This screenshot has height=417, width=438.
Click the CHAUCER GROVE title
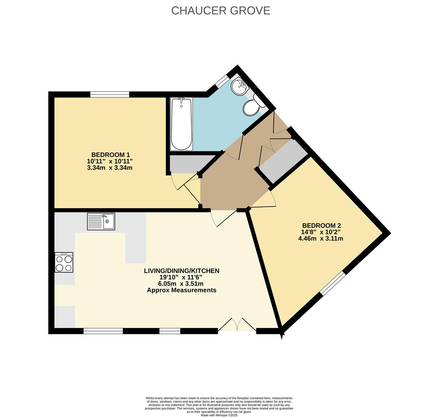tap(220, 10)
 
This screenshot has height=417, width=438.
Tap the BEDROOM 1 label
tap(110, 155)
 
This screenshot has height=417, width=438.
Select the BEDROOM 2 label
tap(321, 225)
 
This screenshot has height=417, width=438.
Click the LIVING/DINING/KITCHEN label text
tap(181, 271)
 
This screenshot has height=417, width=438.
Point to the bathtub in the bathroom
tap(181, 124)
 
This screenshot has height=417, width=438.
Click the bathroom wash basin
tap(240, 86)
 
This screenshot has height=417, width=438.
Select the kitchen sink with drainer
tap(101, 221)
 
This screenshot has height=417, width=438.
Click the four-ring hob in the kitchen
tap(64, 263)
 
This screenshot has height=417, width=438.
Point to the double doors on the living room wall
tap(237, 325)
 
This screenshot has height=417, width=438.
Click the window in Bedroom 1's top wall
tap(109, 94)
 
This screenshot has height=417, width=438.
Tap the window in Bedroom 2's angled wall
tap(332, 283)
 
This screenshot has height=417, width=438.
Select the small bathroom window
tap(222, 81)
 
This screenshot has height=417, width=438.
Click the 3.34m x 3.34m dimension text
tap(110, 168)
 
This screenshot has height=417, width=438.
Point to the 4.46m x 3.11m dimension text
tap(320, 239)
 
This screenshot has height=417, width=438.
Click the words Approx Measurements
tap(181, 290)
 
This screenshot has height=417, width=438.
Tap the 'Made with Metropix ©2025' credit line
tap(219, 415)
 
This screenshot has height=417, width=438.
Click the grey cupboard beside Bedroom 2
tap(283, 161)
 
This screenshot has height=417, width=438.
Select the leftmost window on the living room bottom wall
tap(103, 331)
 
